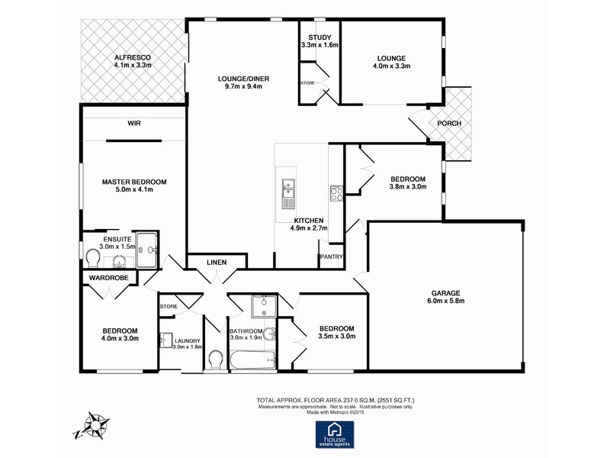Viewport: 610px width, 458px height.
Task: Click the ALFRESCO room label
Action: click(x=133, y=57)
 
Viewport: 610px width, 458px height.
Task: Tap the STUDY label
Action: click(x=319, y=37)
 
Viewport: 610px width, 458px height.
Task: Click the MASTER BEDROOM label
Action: click(x=134, y=182)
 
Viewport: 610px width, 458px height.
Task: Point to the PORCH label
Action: click(x=449, y=124)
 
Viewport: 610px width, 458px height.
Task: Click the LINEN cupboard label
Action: click(x=217, y=263)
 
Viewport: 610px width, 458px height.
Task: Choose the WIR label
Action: click(x=135, y=123)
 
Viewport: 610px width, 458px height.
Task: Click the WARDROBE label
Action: click(x=107, y=278)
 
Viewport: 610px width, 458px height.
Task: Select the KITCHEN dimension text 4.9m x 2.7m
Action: click(x=309, y=227)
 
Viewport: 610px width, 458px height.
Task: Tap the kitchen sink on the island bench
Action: click(x=288, y=193)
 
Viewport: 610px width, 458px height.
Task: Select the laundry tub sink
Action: click(x=166, y=340)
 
